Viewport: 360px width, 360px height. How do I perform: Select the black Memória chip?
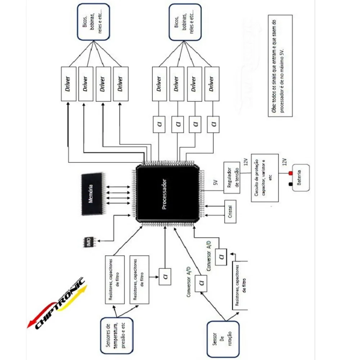tap(92, 194)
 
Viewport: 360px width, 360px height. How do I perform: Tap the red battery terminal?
tap(290, 174)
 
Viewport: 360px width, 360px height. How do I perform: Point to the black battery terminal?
tap(290, 184)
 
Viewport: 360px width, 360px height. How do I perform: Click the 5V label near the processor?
tap(215, 183)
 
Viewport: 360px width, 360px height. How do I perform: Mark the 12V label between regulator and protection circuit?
tap(246, 163)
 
